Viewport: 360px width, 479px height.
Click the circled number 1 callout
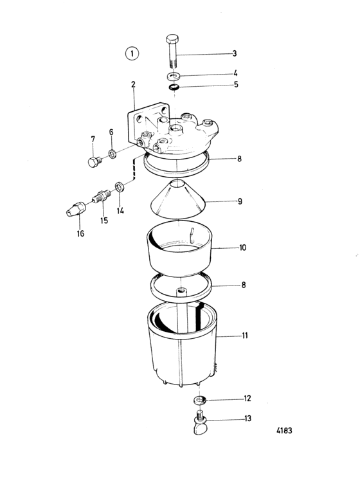pos(132,54)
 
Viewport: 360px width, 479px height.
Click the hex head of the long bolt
pos(172,39)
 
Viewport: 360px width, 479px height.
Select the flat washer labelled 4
pos(174,75)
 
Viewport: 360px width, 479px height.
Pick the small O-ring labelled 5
pos(174,87)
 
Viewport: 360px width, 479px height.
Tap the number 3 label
pos(234,53)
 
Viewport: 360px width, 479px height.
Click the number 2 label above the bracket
pos(133,84)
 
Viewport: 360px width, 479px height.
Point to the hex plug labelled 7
pos(94,161)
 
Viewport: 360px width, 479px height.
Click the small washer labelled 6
pos(112,154)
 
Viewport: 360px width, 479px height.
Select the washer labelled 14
pos(120,186)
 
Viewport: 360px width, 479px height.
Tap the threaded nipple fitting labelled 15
pos(102,196)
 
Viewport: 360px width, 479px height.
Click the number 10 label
pos(242,247)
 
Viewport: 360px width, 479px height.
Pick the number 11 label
pos(245,336)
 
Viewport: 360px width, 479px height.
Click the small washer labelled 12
pos(199,399)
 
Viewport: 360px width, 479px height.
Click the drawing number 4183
pos(284,430)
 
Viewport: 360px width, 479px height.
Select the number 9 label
pos(240,201)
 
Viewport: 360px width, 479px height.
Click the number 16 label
pos(80,233)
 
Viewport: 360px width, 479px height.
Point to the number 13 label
pos(248,418)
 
